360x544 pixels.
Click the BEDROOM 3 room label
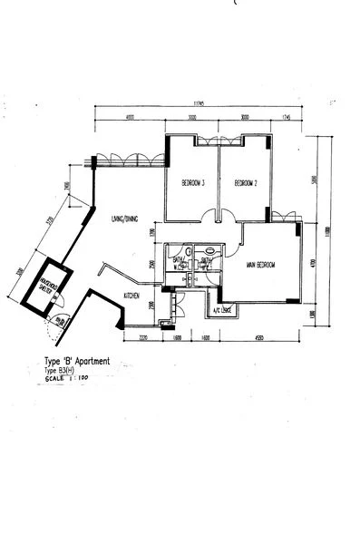[192, 184]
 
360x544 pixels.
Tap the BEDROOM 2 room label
[247, 184]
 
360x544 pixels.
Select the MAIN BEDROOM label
[260, 265]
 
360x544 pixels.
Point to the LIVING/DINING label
[125, 219]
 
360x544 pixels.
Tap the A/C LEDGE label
[223, 311]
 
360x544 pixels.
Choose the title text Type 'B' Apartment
[77, 361]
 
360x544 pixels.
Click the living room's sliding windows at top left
[130, 160]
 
